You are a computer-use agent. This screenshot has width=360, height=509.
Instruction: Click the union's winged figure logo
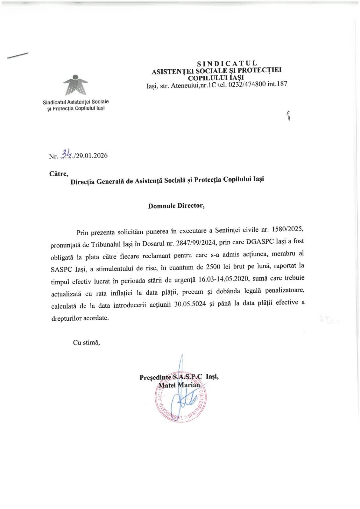click(x=75, y=85)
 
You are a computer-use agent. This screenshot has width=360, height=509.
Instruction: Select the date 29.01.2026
click(x=92, y=156)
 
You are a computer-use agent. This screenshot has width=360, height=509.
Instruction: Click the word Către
click(x=59, y=174)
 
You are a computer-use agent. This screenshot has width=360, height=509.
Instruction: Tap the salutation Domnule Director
click(x=176, y=206)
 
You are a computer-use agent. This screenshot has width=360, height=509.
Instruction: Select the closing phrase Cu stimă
click(x=86, y=343)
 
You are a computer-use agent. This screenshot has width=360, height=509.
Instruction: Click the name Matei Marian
click(x=179, y=385)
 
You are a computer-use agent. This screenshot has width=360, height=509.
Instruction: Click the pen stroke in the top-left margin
click(x=18, y=55)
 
